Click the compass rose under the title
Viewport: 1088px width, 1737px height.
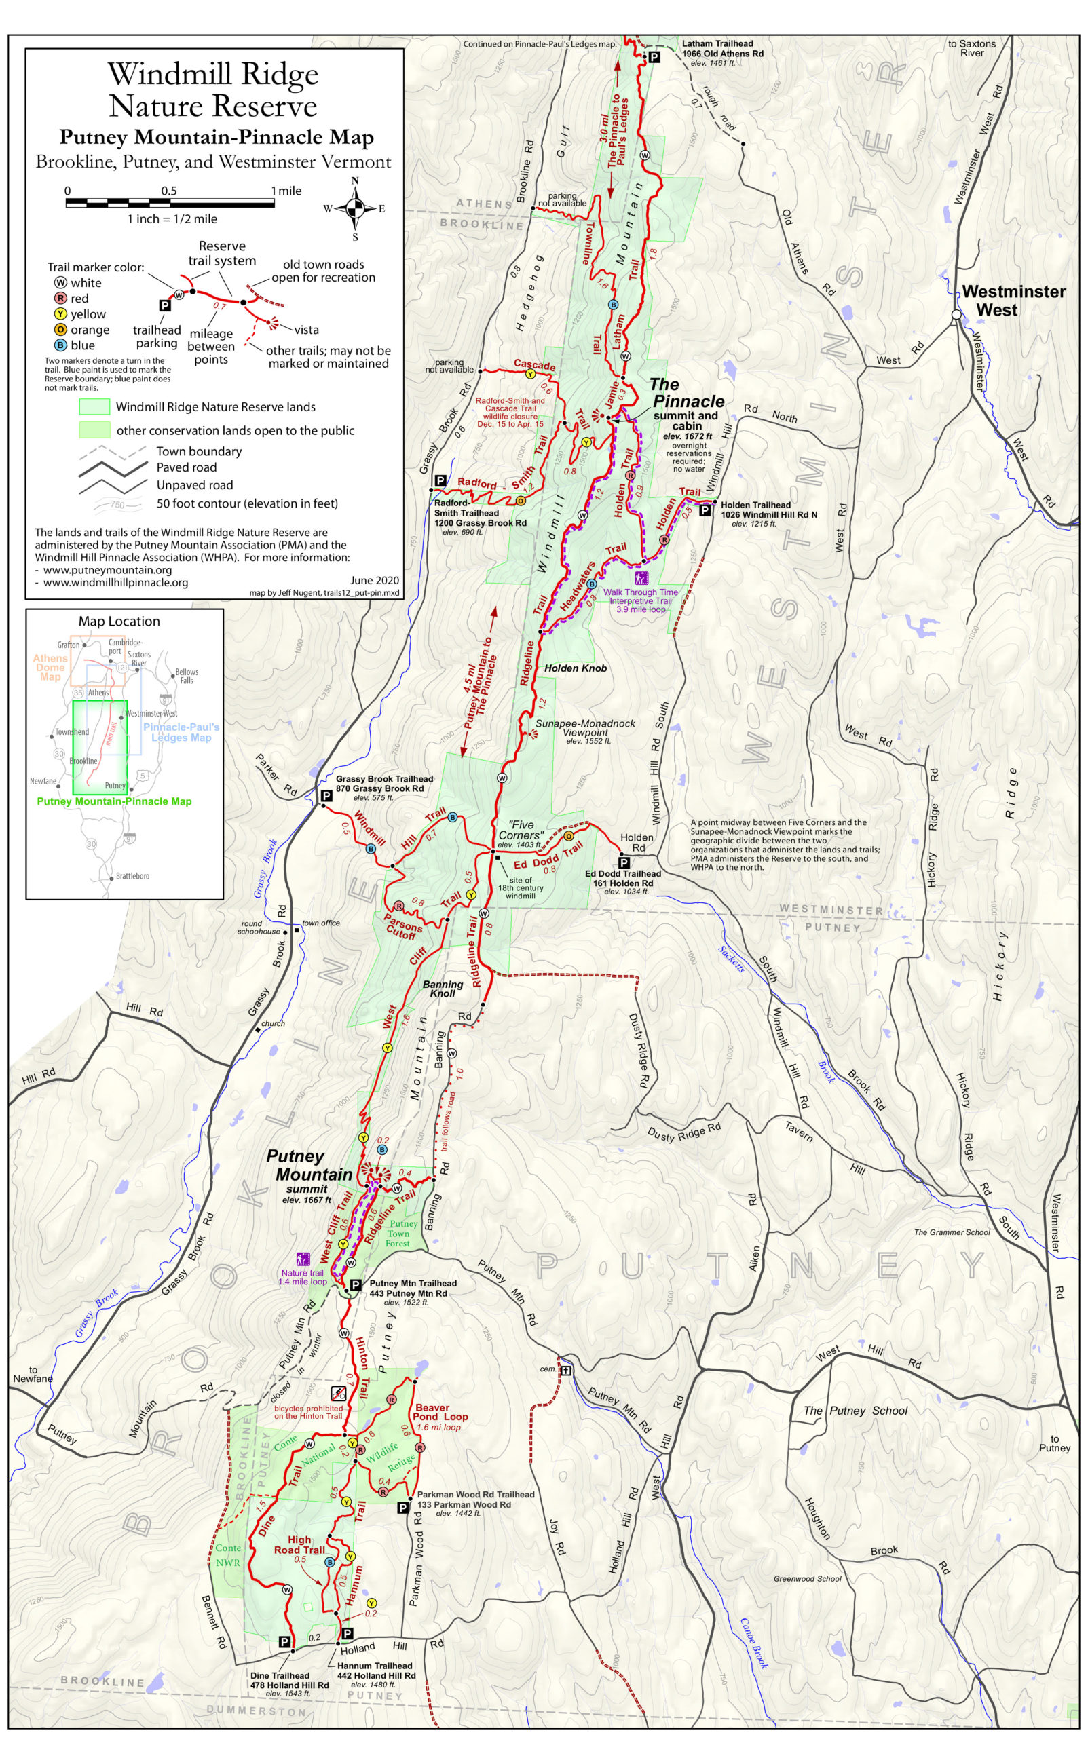(355, 208)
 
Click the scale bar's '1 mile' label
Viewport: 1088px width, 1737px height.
(286, 191)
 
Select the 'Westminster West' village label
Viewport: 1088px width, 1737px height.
(1013, 301)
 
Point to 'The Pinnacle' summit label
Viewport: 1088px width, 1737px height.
(687, 393)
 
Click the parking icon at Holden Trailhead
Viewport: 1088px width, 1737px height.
(705, 510)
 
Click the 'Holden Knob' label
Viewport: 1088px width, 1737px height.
(575, 668)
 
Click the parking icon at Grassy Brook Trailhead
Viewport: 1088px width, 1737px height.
(326, 796)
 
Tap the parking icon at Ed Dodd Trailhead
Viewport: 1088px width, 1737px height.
(624, 862)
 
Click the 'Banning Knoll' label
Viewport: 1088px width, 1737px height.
(443, 988)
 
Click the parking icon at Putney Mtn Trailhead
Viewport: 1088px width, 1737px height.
(355, 1285)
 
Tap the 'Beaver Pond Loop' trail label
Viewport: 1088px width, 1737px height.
(440, 1412)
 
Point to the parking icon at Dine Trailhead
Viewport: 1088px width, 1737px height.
(284, 1641)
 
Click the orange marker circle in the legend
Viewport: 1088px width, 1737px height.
(60, 329)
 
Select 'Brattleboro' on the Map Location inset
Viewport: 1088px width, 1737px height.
(132, 876)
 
